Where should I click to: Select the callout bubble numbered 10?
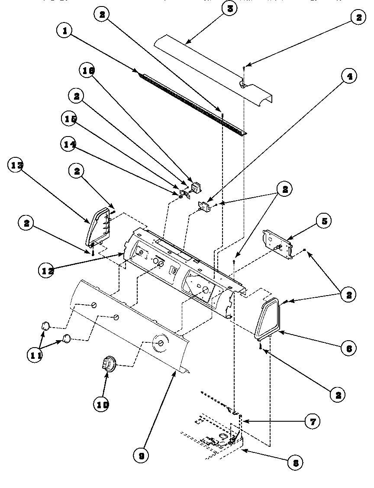(x=101, y=404)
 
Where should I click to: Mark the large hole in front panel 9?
(x=160, y=343)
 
